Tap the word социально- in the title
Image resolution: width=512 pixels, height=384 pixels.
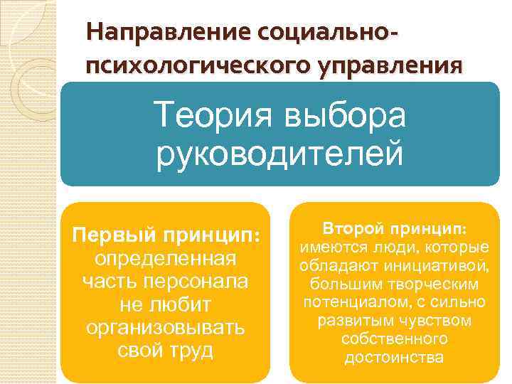coord(319,33)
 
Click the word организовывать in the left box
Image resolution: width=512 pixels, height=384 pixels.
coord(165,328)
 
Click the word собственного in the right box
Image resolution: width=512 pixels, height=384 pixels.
coord(393,339)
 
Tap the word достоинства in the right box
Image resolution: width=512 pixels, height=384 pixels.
coord(393,358)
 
